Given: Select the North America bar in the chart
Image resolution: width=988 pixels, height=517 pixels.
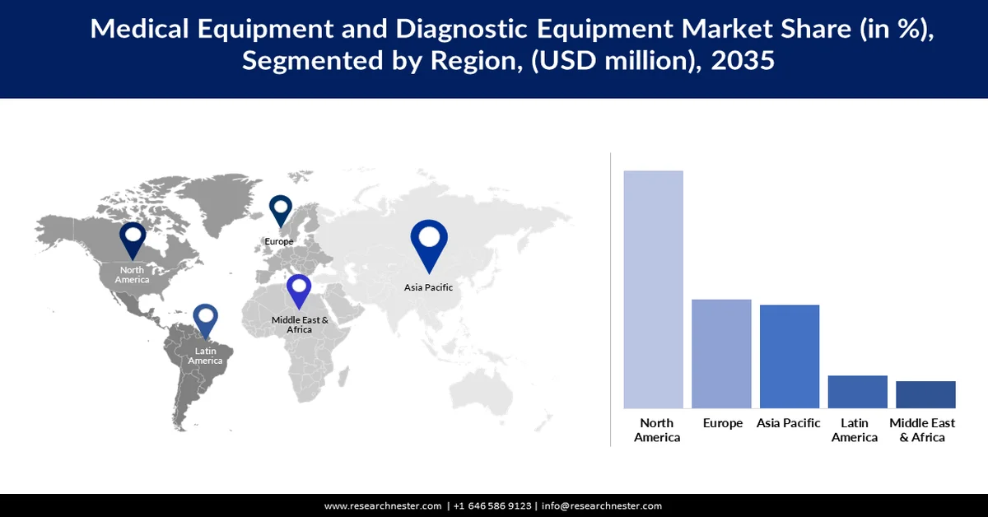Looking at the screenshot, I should pyautogui.click(x=653, y=289).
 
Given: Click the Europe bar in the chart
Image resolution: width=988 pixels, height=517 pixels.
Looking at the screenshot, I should pyautogui.click(x=721, y=353).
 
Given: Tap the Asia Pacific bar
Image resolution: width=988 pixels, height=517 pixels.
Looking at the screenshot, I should pyautogui.click(x=789, y=356).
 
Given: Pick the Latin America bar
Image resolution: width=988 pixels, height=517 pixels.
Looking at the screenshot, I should pyautogui.click(x=857, y=391).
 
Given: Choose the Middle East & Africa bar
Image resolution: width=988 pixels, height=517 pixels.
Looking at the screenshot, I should pyautogui.click(x=925, y=394).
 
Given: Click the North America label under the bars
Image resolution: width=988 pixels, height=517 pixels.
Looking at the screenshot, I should pyautogui.click(x=657, y=430).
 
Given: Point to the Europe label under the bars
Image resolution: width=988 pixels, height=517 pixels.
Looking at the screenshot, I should pyautogui.click(x=723, y=423).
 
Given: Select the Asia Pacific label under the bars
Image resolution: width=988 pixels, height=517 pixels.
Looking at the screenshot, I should pyautogui.click(x=789, y=423).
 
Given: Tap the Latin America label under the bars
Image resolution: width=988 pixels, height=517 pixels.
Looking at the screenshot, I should pyautogui.click(x=855, y=430).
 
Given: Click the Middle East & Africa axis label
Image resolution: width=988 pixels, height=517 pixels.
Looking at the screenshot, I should pyautogui.click(x=922, y=430).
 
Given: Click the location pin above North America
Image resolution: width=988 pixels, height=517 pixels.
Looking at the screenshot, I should pyautogui.click(x=133, y=240).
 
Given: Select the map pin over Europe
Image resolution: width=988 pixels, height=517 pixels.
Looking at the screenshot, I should pyautogui.click(x=281, y=209).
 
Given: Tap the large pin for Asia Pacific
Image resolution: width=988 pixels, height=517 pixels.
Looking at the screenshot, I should pyautogui.click(x=429, y=243).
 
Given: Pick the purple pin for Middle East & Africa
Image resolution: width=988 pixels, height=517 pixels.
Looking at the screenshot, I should pyautogui.click(x=299, y=291).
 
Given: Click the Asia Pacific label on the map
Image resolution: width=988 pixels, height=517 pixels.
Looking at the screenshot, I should pyautogui.click(x=428, y=287).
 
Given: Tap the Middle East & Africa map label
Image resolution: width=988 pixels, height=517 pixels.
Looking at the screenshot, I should pyautogui.click(x=300, y=324).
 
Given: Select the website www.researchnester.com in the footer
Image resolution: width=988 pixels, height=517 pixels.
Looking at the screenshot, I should pyautogui.click(x=383, y=505).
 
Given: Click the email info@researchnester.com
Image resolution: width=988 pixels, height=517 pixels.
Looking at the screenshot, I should pyautogui.click(x=601, y=505).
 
